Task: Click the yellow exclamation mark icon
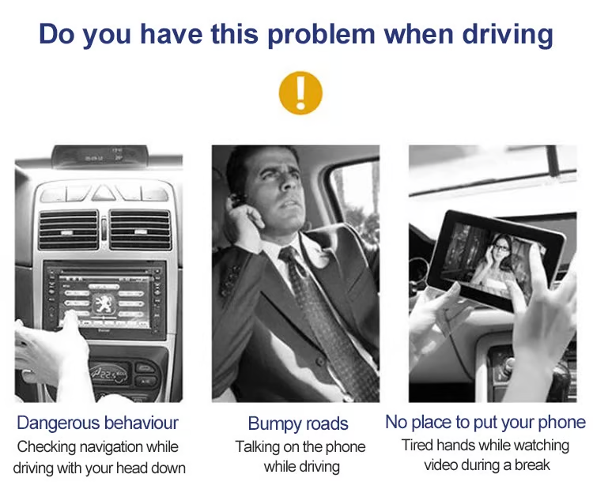[x=300, y=92]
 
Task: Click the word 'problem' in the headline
[x=321, y=35]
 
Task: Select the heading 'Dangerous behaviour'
[x=97, y=423]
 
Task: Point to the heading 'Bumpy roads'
[x=298, y=423]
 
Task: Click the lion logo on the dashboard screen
[x=104, y=304]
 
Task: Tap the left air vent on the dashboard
[x=68, y=230]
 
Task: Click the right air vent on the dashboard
[x=140, y=230]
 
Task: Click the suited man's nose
[x=289, y=182]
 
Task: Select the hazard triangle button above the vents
[x=104, y=194]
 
